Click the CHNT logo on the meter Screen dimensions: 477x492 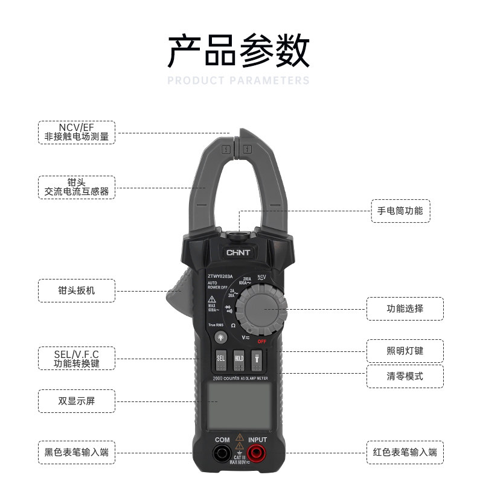238,252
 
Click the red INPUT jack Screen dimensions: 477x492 257,453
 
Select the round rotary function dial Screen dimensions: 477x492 261,309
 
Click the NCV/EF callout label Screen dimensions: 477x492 77,132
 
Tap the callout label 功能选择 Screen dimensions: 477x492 405,308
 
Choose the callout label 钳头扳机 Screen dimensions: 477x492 77,290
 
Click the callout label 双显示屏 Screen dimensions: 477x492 77,400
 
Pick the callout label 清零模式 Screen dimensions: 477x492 405,376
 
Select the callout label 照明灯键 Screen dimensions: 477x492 405,351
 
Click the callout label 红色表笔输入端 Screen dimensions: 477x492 405,452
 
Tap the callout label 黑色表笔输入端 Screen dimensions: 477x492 77,452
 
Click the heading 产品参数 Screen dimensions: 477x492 238,51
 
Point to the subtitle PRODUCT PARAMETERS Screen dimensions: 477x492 238,81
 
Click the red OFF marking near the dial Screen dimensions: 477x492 261,341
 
